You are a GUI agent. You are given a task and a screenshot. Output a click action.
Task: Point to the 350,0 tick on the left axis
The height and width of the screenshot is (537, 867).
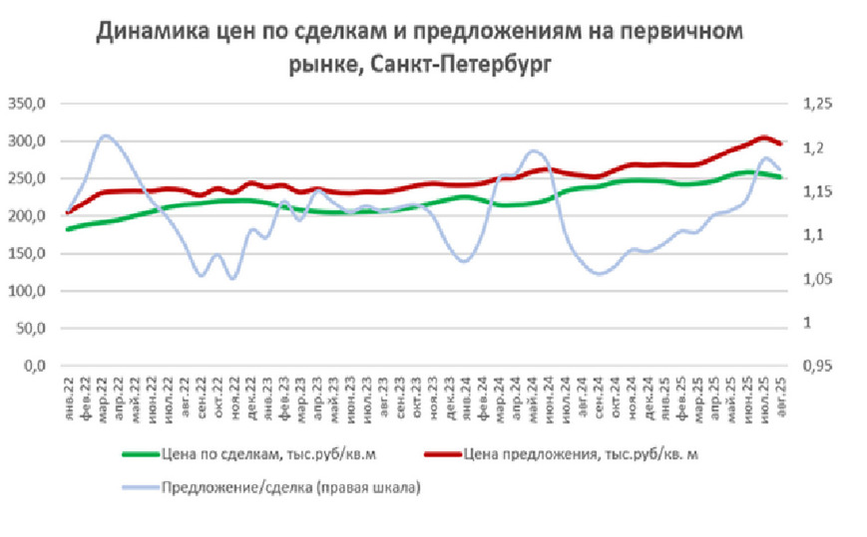point(28,104)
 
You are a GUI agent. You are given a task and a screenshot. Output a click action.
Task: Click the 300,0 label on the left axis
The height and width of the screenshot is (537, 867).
point(28,141)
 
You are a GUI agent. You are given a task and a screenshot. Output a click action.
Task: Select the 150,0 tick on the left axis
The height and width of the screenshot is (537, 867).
point(28,254)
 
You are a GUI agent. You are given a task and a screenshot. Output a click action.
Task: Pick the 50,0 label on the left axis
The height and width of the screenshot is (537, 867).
point(31,329)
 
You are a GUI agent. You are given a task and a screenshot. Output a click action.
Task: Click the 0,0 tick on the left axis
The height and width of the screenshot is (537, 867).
point(35,367)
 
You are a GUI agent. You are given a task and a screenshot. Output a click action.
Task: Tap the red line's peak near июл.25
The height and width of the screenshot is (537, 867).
point(763,137)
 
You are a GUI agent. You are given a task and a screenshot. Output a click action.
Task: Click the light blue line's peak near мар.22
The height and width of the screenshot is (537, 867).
point(107,135)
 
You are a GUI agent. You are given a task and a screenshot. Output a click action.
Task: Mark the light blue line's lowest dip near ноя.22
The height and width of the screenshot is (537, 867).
point(232,278)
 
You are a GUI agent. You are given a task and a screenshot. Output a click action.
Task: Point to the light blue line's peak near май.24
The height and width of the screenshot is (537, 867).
point(533,151)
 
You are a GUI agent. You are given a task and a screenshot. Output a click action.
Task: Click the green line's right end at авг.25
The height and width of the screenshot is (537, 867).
point(780,177)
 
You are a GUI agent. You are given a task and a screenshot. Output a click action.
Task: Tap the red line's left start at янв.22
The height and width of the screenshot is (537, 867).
point(68,211)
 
